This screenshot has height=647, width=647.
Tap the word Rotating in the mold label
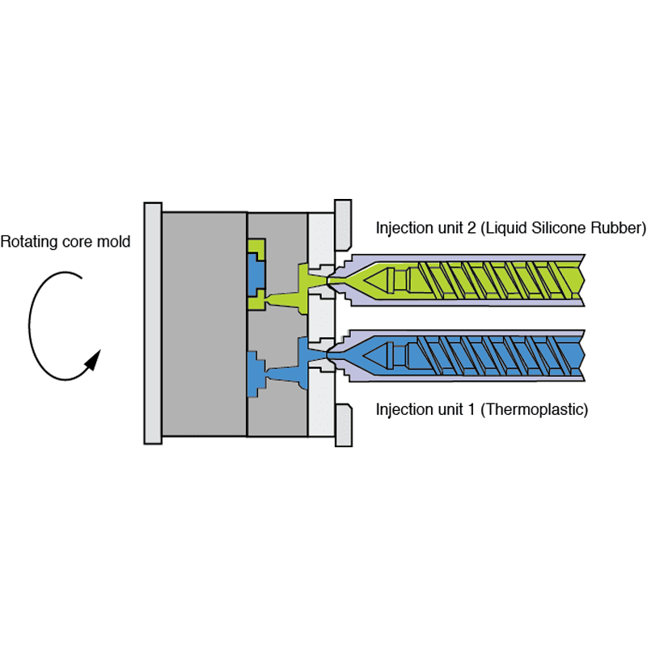click(28, 242)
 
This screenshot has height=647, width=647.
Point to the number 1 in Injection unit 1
click(471, 409)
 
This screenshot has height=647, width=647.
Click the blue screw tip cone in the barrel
click(380, 353)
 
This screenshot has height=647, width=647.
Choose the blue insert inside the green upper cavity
click(256, 275)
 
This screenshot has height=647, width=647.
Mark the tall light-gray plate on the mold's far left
click(152, 323)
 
